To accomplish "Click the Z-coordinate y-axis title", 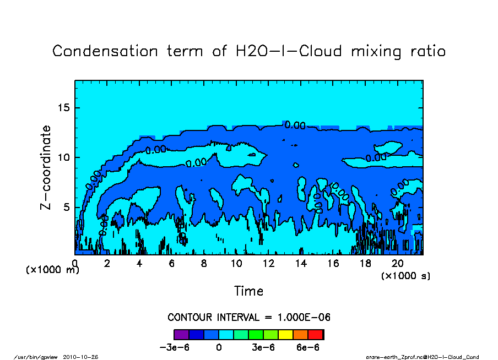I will click(46, 167).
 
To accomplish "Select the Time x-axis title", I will click(248, 291).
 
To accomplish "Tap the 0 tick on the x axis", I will click(75, 264).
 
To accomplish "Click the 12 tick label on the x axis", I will click(268, 264).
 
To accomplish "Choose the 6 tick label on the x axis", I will click(172, 264).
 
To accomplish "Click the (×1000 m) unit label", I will click(52, 270).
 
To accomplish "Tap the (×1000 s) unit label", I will click(405, 276).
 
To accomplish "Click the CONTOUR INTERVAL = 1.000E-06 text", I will click(248, 318).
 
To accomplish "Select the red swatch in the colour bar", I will click(316, 334).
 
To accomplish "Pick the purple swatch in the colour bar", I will click(181, 334).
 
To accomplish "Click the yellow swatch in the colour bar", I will click(286, 334).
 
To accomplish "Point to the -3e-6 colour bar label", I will click(175, 348).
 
